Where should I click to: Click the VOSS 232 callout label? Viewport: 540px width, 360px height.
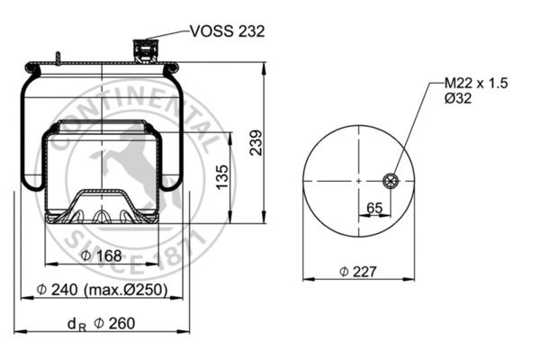point(228,31)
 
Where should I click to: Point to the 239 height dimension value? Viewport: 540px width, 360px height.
point(256,142)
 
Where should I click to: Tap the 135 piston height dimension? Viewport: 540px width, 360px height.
point(222,176)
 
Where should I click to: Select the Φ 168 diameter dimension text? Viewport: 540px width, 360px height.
point(101,256)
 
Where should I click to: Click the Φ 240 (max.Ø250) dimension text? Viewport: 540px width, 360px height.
point(102,290)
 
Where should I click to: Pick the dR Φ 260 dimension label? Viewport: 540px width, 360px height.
point(101,324)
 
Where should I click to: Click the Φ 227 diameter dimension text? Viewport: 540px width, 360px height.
point(358,272)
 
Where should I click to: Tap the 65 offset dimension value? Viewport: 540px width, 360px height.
point(374,208)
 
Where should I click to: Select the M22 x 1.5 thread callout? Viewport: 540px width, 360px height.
point(476,83)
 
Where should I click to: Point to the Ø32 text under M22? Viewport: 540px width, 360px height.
point(458,98)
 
